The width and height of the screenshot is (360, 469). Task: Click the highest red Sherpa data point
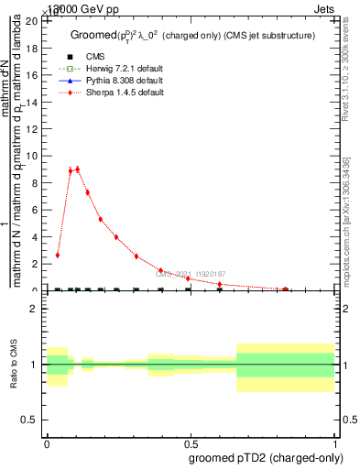pos(77,169)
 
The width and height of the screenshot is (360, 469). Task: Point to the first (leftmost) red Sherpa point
pos(58,255)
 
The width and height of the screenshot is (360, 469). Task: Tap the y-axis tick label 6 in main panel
pos(34,210)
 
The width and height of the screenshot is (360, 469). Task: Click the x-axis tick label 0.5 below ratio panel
pos(191,442)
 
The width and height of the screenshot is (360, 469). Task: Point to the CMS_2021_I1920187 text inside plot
pos(191,273)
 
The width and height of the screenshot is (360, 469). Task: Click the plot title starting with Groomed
pos(192,36)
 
